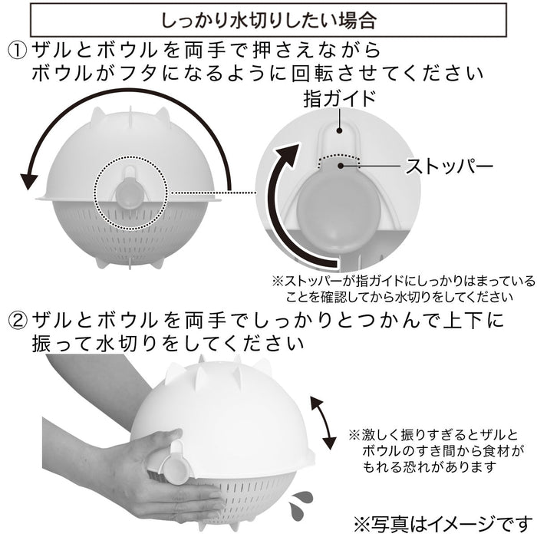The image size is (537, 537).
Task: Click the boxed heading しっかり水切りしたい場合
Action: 268,17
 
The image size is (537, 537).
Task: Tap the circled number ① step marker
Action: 17,51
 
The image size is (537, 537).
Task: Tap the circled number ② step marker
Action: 17,318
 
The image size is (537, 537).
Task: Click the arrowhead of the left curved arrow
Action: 28,181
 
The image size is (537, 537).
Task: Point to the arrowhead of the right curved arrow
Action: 289,149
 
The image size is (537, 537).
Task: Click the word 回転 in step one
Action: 348,74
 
